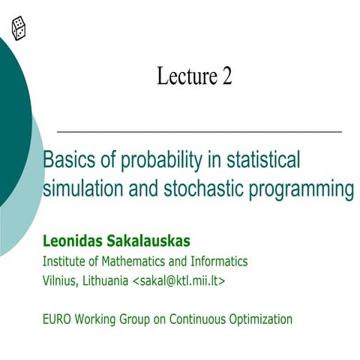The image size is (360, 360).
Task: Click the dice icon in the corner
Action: tap(19, 28)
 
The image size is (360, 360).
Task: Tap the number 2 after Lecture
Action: tap(226, 76)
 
